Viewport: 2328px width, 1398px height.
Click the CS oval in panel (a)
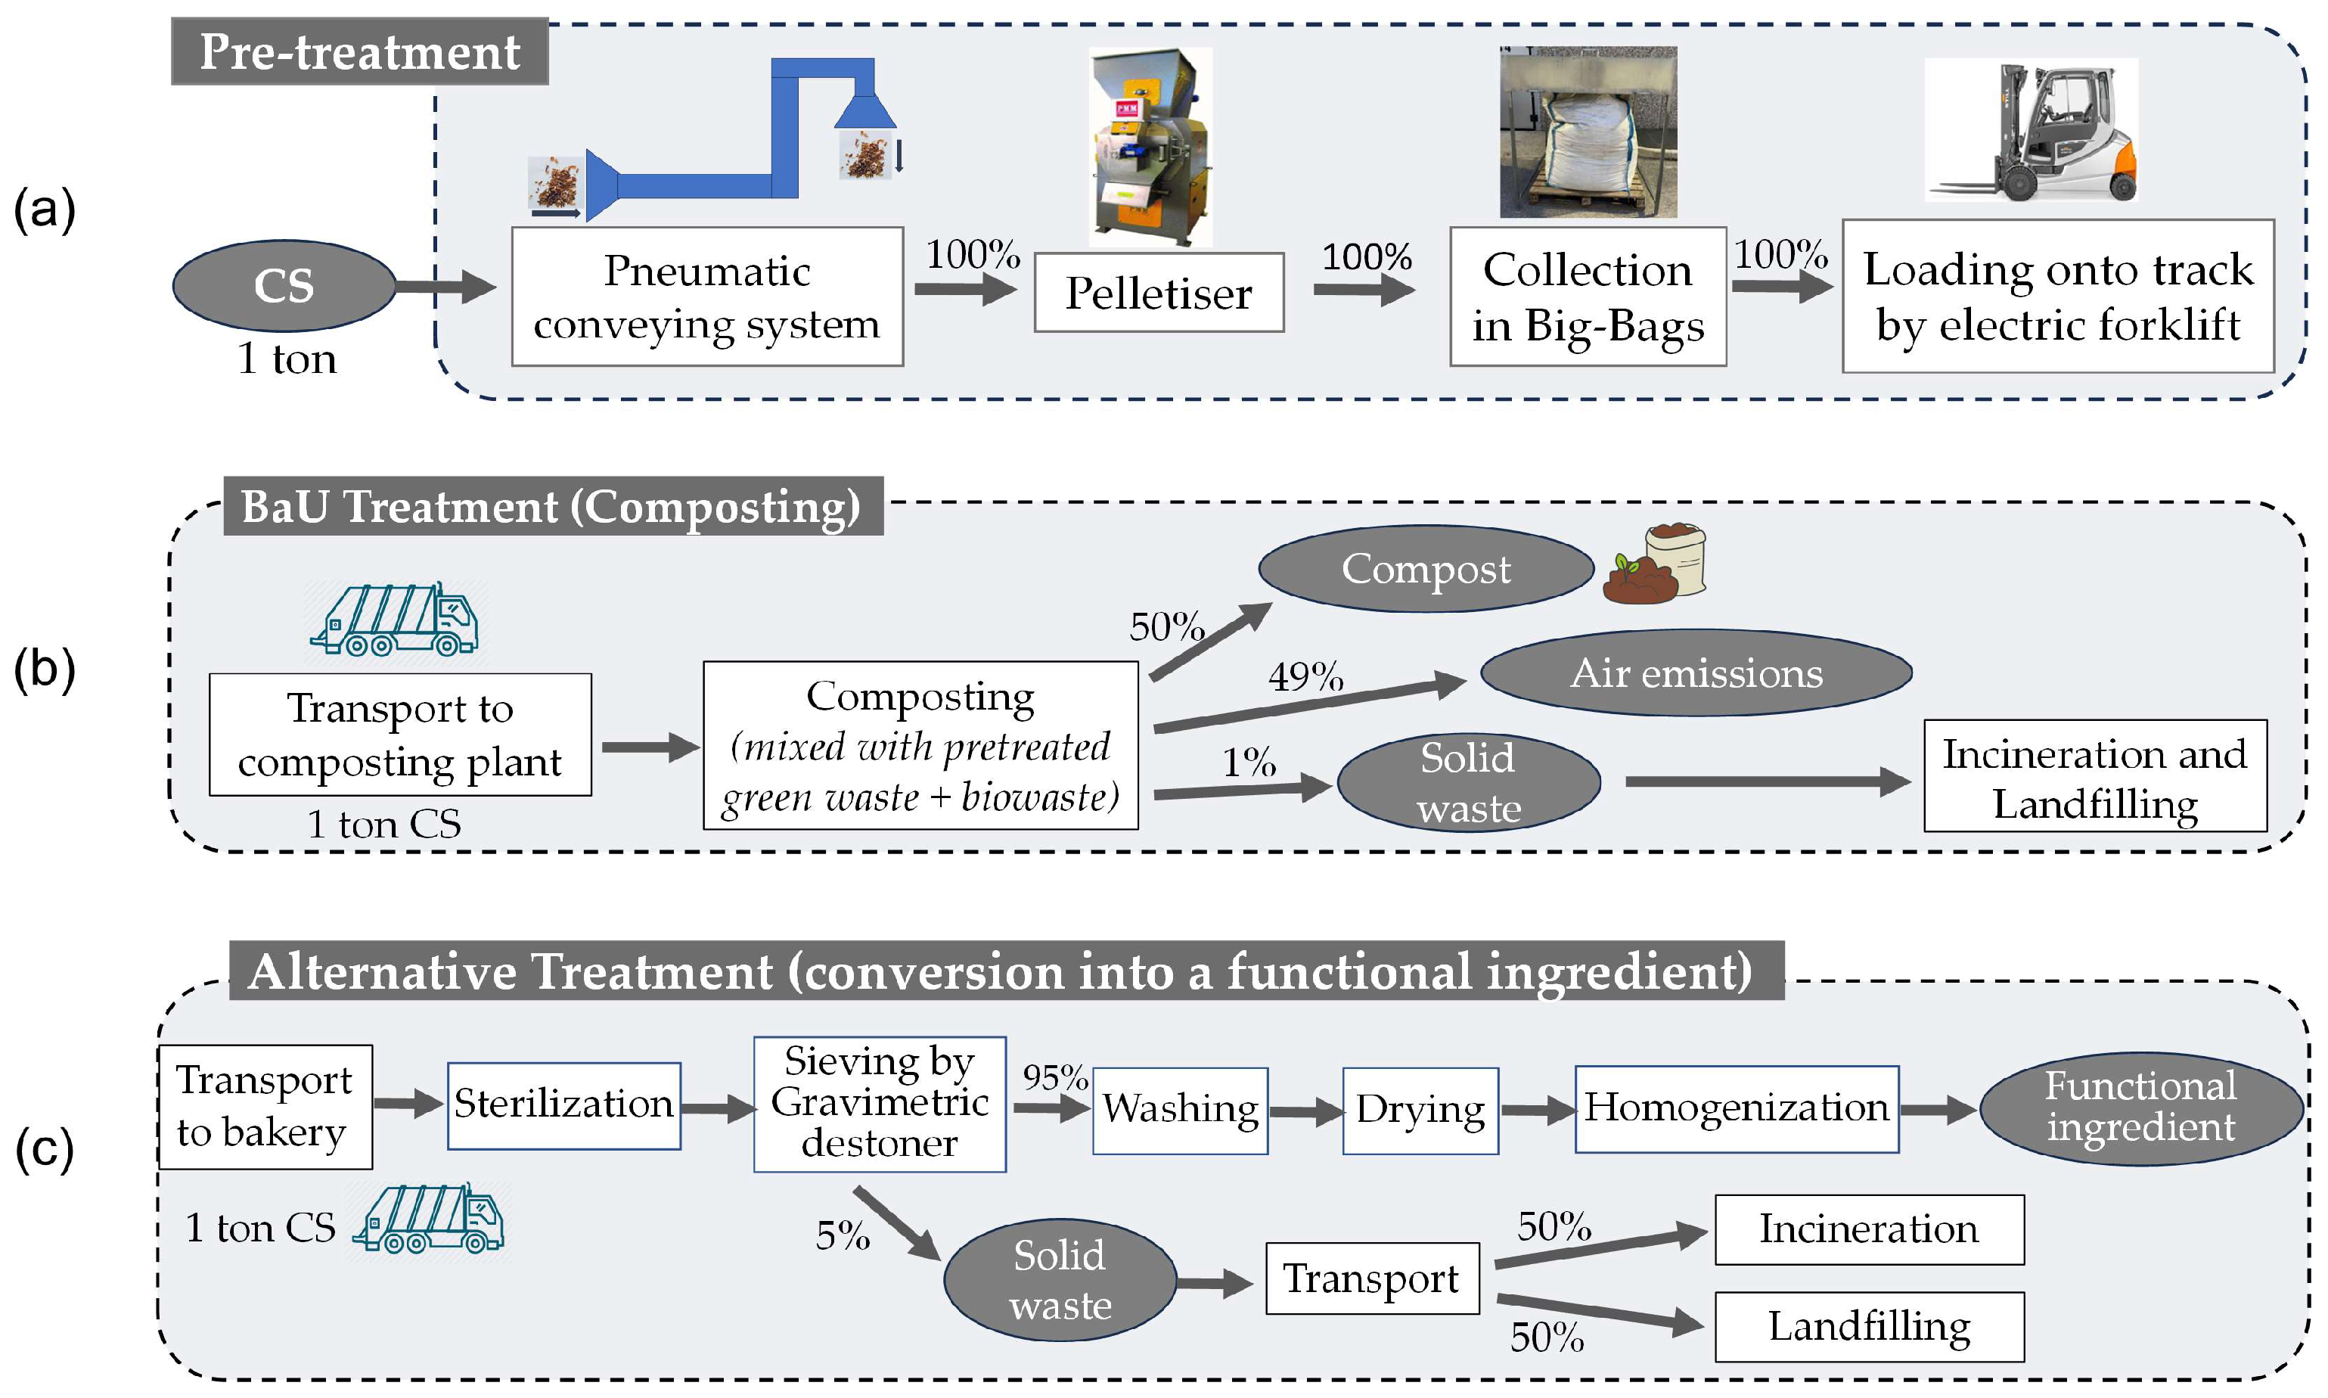tap(284, 285)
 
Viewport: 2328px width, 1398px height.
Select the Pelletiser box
tap(1159, 293)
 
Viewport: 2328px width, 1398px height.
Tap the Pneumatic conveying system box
tap(706, 297)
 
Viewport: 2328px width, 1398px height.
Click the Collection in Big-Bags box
tap(1588, 297)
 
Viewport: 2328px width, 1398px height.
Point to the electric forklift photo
tap(2031, 130)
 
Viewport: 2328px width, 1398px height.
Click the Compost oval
tap(1425, 569)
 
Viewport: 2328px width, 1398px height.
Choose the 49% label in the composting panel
tap(1305, 676)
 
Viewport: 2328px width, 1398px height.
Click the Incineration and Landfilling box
tap(2094, 777)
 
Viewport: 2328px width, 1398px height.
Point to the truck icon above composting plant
tap(396, 620)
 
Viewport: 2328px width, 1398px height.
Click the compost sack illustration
tap(1656, 564)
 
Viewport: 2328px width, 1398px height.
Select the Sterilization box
tap(563, 1105)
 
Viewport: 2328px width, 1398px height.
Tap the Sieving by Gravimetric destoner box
tap(880, 1104)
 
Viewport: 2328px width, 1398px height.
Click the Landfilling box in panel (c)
tap(1868, 1326)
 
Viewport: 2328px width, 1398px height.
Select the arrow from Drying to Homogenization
tap(1536, 1111)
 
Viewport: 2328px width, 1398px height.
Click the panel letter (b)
tap(45, 669)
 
